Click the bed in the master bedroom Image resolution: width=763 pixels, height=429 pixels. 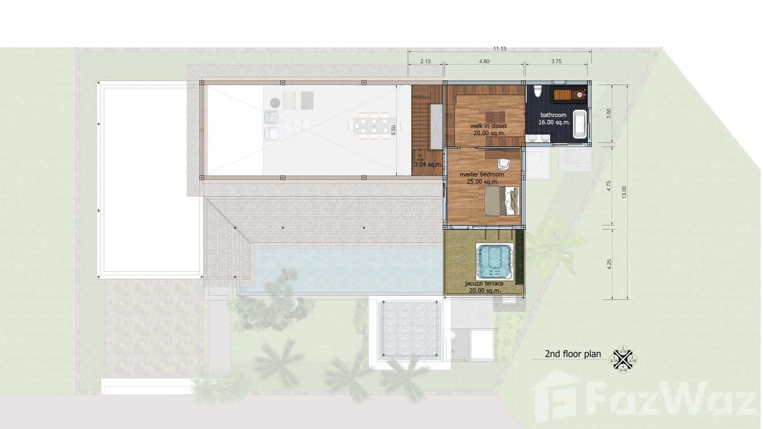tap(503, 201)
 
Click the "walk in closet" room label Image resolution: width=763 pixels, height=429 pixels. tap(488, 126)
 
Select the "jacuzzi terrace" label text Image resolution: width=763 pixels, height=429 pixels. tap(484, 283)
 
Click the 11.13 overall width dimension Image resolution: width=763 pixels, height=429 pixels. tap(500, 48)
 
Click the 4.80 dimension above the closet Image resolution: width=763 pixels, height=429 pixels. tap(484, 61)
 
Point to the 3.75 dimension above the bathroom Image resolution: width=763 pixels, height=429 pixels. tap(557, 61)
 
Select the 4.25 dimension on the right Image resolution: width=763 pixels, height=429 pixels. tap(609, 264)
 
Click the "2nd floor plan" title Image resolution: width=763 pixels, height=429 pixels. tap(573, 354)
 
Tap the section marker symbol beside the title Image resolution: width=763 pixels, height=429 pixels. tap(623, 360)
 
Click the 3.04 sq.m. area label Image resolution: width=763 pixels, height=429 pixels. tap(428, 164)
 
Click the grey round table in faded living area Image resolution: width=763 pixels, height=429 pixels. tap(275, 102)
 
